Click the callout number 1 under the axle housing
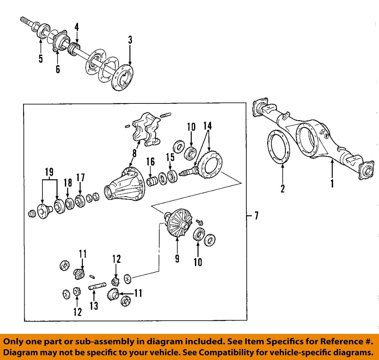pos(332,184)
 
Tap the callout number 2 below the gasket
pos(282,188)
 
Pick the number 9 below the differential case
pos(177,259)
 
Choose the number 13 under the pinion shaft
pos(93,305)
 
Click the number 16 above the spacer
pos(150,162)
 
